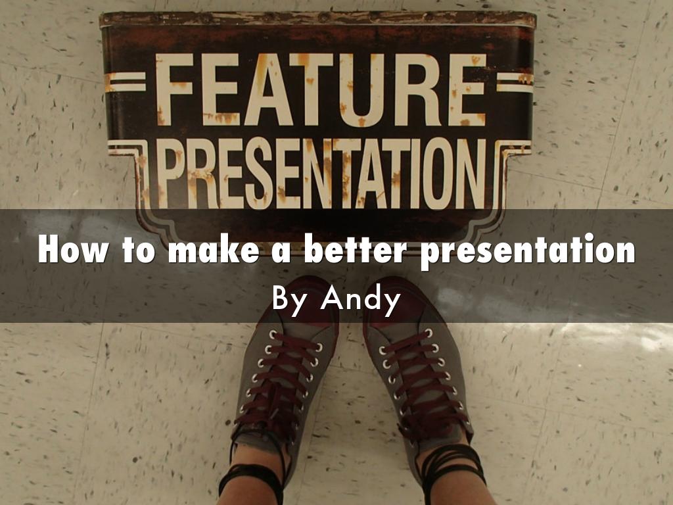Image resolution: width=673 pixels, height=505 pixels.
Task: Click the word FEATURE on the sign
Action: (320, 90)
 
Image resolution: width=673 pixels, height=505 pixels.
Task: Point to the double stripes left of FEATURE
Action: (125, 82)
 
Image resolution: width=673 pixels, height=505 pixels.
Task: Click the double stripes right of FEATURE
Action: (515, 82)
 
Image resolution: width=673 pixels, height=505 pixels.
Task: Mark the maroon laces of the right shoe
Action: (421, 381)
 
